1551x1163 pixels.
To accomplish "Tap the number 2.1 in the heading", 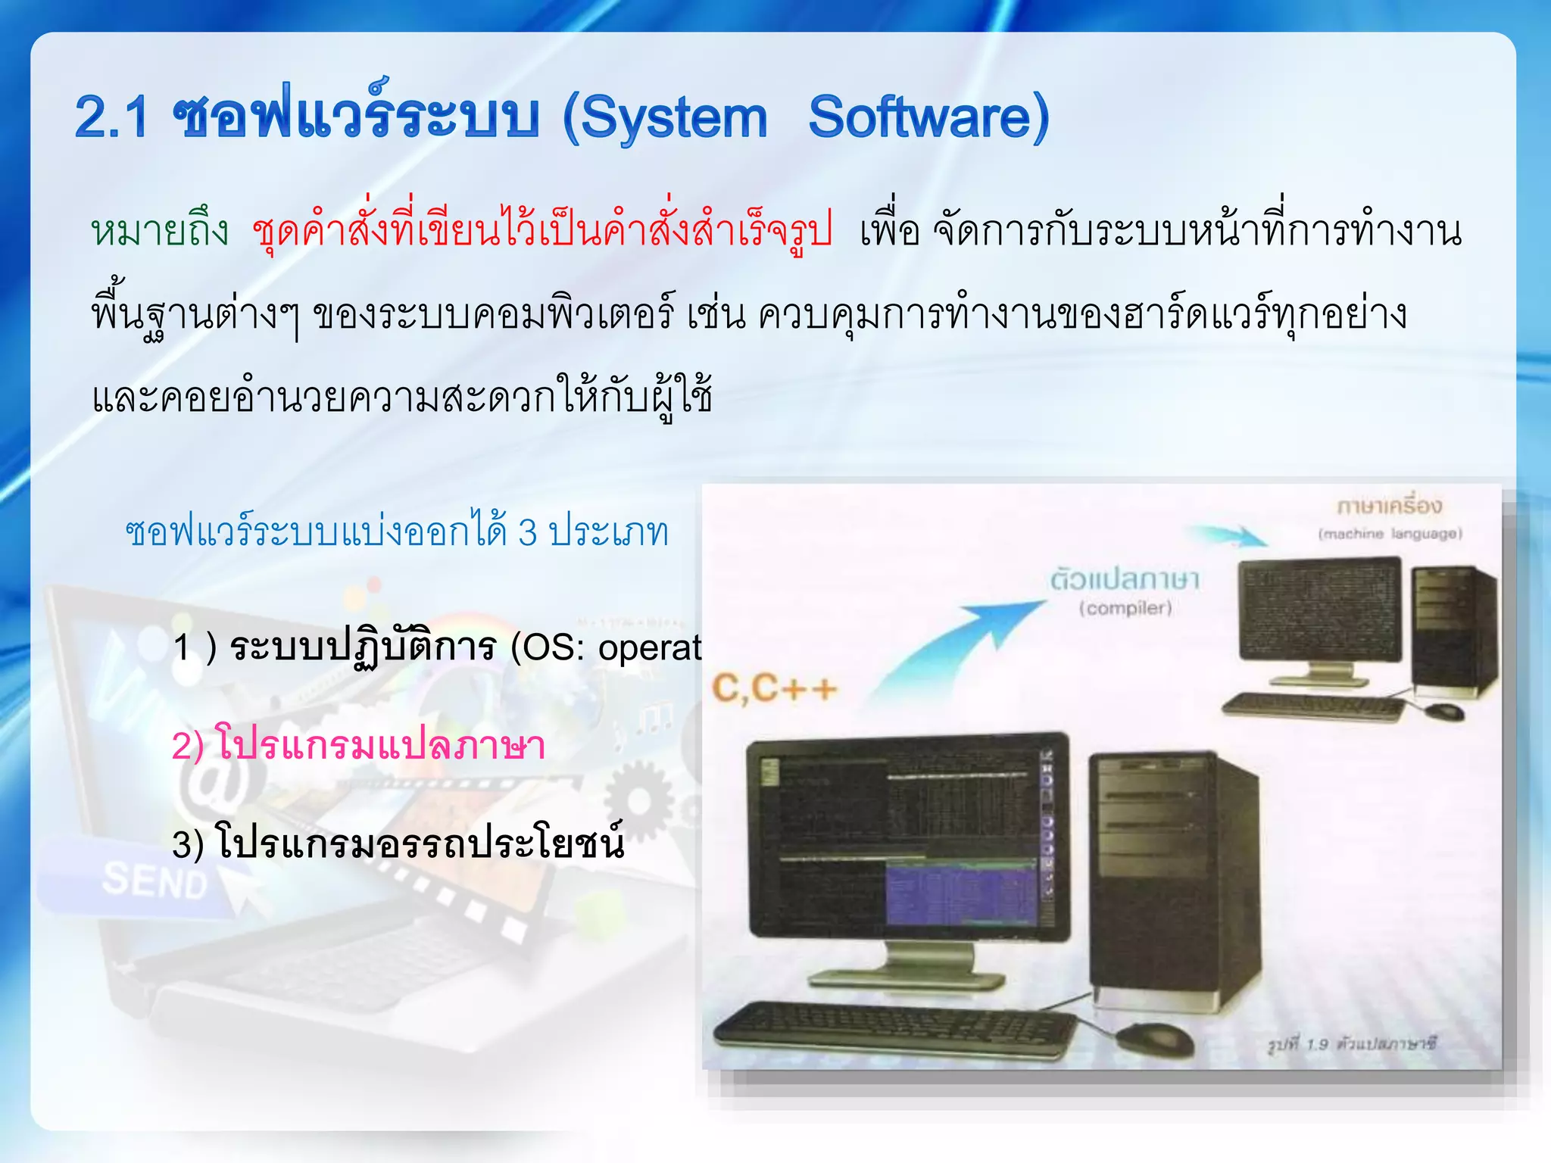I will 111,118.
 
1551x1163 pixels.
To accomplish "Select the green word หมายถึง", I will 160,231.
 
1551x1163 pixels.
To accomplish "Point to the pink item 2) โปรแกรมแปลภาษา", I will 358,745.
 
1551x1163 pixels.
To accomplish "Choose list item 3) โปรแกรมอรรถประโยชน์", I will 398,842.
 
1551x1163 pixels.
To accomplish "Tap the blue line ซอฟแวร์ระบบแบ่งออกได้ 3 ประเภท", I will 397,532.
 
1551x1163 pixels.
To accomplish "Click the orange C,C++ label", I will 774,688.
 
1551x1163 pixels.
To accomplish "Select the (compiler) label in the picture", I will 1125,608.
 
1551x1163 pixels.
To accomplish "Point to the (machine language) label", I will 1390,534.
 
